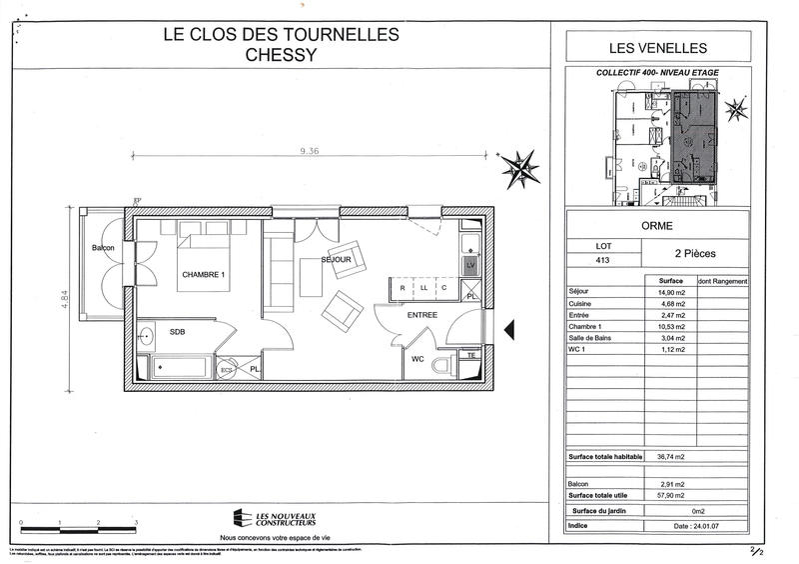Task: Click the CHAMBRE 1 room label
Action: coord(203,275)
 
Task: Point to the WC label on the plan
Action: coord(418,359)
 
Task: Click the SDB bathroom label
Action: coord(177,331)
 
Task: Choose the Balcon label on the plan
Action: coord(103,248)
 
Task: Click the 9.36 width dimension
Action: coord(313,153)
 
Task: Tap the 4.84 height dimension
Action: coord(64,300)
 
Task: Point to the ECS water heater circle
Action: coord(227,369)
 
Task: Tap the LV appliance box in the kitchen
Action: coord(469,265)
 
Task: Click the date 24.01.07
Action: coord(696,525)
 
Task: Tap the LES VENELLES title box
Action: coord(657,47)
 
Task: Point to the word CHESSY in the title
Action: coord(281,55)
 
